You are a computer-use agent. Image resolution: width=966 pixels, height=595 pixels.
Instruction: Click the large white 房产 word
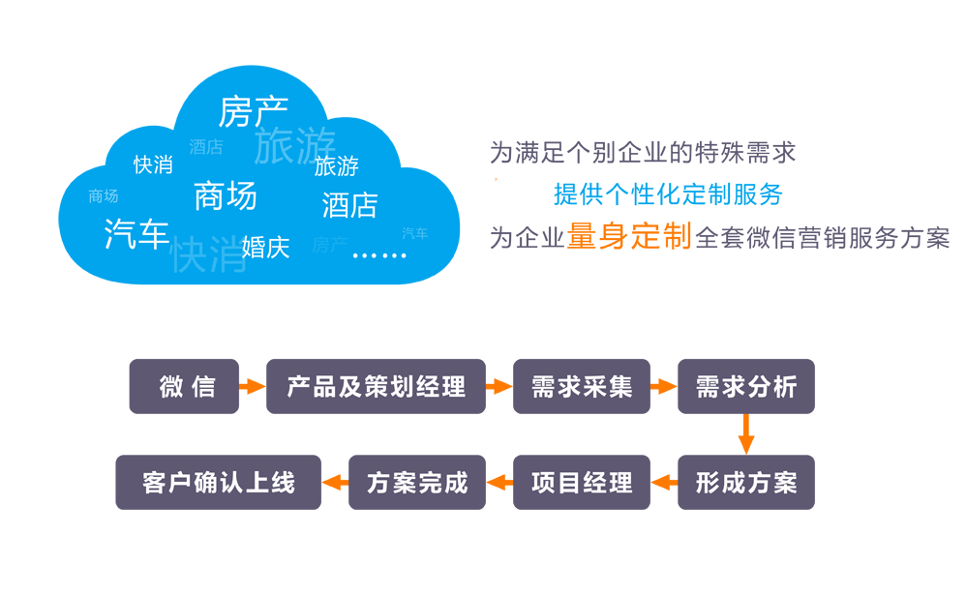pyautogui.click(x=254, y=112)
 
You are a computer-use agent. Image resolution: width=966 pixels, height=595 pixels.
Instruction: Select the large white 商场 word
pyautogui.click(x=226, y=196)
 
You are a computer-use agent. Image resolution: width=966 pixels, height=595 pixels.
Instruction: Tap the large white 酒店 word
pyautogui.click(x=349, y=205)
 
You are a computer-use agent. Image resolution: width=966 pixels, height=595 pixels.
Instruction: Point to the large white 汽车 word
pyautogui.click(x=136, y=234)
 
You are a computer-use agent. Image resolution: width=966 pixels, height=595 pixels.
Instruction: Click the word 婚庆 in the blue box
pyautogui.click(x=266, y=247)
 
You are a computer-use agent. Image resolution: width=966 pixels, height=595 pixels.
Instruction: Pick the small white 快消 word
pyautogui.click(x=153, y=165)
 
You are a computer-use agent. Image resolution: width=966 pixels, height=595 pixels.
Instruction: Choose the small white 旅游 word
pyautogui.click(x=337, y=166)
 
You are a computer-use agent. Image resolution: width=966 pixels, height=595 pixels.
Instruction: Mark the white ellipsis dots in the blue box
pyautogui.click(x=379, y=254)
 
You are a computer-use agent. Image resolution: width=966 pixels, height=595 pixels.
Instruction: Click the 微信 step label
pyautogui.click(x=188, y=387)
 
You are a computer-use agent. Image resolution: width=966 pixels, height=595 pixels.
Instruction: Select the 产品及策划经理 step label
pyautogui.click(x=376, y=387)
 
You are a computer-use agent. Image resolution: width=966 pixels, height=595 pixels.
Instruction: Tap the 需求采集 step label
pyautogui.click(x=582, y=387)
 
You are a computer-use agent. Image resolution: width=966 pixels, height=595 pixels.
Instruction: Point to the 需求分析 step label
pyautogui.click(x=746, y=387)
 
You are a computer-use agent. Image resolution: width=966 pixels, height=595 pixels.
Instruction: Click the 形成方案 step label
pyautogui.click(x=746, y=482)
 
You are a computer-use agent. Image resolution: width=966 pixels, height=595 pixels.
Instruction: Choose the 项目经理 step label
pyautogui.click(x=582, y=482)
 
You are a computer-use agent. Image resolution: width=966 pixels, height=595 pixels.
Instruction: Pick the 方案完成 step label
pyautogui.click(x=417, y=482)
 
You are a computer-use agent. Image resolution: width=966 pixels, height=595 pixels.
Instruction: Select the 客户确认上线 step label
pyautogui.click(x=219, y=482)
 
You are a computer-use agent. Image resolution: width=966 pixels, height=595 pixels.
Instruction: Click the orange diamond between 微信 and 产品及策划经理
pyautogui.click(x=252, y=387)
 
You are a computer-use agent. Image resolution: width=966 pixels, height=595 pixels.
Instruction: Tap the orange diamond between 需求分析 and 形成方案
pyautogui.click(x=746, y=434)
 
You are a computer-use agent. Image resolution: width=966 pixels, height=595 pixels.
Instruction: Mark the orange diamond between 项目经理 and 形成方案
pyautogui.click(x=664, y=482)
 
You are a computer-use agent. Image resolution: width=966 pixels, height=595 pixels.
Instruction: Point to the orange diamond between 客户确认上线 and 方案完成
pyautogui.click(x=335, y=482)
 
